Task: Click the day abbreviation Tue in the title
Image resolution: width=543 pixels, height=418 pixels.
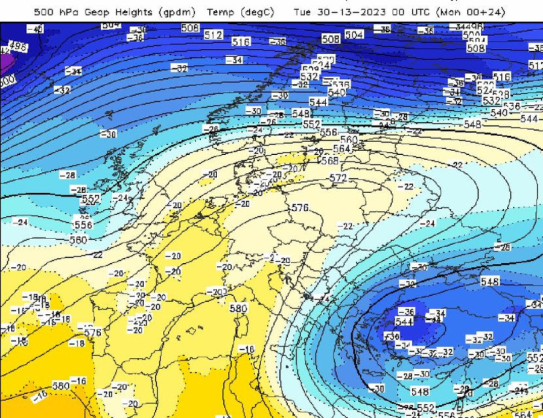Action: tap(303, 11)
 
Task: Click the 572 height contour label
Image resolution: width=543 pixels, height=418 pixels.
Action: tap(338, 178)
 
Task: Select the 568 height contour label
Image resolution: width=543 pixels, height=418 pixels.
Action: tap(330, 161)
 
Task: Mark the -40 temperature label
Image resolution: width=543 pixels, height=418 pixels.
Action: tap(36, 29)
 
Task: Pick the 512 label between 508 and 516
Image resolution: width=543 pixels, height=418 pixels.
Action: tap(213, 35)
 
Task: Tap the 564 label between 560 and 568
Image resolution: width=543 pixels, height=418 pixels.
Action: tap(341, 148)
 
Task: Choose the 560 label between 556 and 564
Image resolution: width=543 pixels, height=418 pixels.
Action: tap(349, 140)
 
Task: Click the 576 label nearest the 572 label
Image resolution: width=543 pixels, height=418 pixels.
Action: tap(300, 208)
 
